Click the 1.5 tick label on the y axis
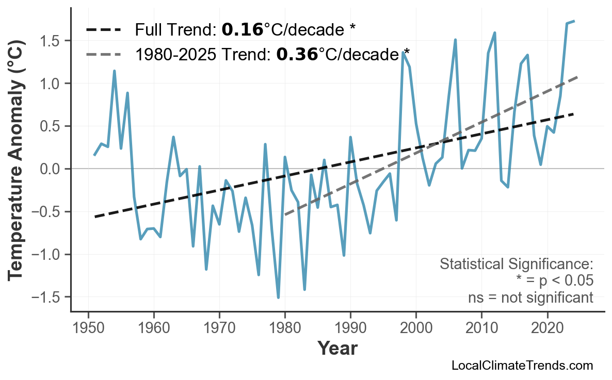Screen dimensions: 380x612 [x=51, y=41]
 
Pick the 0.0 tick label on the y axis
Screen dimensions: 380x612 [x=51, y=169]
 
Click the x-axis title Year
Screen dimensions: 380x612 [x=337, y=349]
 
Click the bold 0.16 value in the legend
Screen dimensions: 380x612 [x=242, y=30]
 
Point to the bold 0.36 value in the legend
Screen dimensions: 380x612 [x=297, y=54]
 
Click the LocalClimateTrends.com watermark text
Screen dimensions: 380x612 [x=522, y=366]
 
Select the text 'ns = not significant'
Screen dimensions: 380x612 [x=530, y=298]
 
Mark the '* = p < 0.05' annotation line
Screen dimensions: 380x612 [x=554, y=281]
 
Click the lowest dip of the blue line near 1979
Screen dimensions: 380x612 [x=278, y=298]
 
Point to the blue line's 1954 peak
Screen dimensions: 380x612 [x=114, y=71]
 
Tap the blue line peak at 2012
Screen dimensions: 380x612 [x=494, y=33]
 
